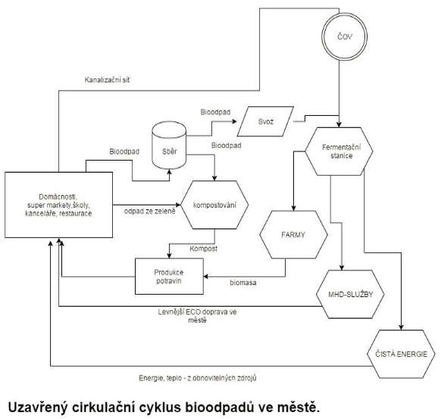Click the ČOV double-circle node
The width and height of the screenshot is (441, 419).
[x=345, y=36]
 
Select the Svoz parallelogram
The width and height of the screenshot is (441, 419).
[x=265, y=121]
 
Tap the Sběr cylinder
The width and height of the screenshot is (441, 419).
[x=169, y=145]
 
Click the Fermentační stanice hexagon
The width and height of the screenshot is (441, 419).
[x=339, y=152]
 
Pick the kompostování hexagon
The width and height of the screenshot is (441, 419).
[x=214, y=205]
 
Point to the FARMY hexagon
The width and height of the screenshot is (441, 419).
[x=293, y=235]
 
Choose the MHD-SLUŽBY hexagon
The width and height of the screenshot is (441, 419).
[x=350, y=294]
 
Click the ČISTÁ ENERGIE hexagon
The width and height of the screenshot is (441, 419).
[x=401, y=354]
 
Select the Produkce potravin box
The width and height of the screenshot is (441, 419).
[x=169, y=277]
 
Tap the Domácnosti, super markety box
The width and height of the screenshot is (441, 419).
[x=59, y=205]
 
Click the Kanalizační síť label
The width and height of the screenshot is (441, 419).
[x=107, y=80]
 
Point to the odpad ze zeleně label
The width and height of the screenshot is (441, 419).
[x=149, y=211]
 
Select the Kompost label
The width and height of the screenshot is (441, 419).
[x=203, y=249]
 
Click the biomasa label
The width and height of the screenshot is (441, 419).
[x=243, y=283]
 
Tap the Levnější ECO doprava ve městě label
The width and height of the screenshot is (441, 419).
[x=197, y=316]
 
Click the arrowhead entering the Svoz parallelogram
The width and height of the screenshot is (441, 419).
[x=234, y=121]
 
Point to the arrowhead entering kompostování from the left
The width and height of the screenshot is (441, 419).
[x=178, y=205]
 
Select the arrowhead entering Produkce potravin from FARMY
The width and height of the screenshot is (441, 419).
[x=206, y=277]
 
